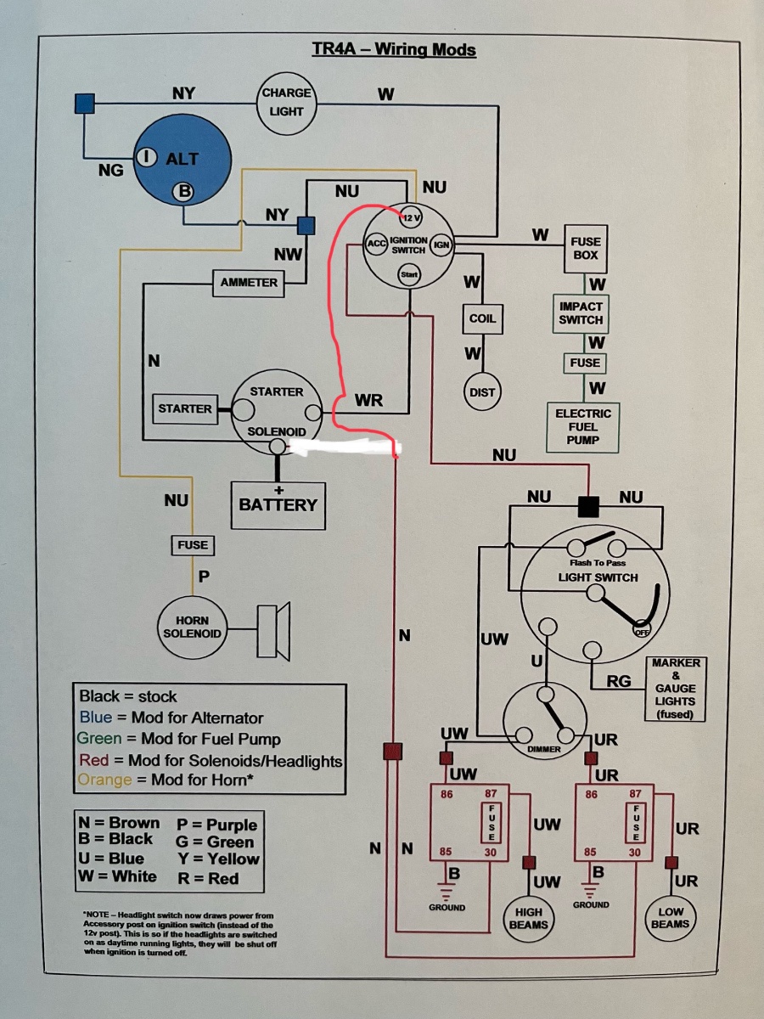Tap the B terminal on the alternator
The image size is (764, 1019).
(x=183, y=191)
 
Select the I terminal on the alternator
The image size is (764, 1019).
(x=146, y=157)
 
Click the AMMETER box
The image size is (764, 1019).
(x=249, y=283)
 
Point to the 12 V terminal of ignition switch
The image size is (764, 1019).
(x=411, y=217)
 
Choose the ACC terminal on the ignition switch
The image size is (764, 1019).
(x=376, y=244)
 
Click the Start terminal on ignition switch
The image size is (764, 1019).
(x=409, y=274)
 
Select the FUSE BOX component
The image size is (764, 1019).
(x=586, y=249)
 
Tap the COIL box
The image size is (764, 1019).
(x=482, y=318)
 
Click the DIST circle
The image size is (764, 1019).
(x=482, y=392)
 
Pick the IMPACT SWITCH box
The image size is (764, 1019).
(x=581, y=313)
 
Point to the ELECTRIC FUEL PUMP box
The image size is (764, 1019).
(x=583, y=427)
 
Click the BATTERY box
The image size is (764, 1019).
(x=278, y=505)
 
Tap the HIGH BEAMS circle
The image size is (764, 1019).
(x=529, y=918)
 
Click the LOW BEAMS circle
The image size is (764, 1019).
(x=671, y=917)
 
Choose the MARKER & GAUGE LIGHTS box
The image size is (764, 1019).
(x=676, y=689)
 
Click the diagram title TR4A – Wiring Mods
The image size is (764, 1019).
(x=394, y=49)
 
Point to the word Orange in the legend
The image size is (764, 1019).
(x=104, y=780)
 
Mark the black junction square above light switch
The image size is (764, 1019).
(x=588, y=506)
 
